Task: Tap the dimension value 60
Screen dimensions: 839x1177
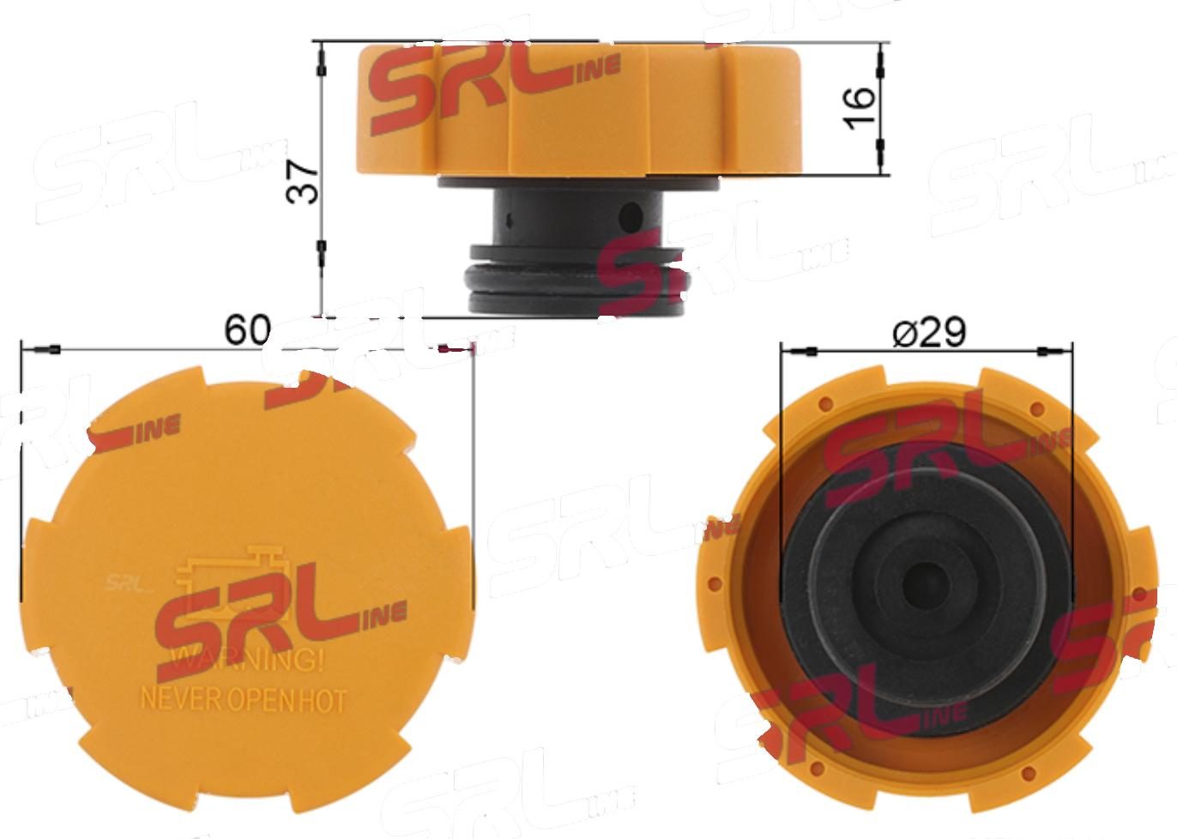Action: tap(247, 329)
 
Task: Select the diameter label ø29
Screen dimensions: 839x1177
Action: tap(929, 331)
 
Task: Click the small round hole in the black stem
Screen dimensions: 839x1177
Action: tap(632, 214)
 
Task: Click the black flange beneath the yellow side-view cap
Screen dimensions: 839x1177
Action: tap(576, 184)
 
